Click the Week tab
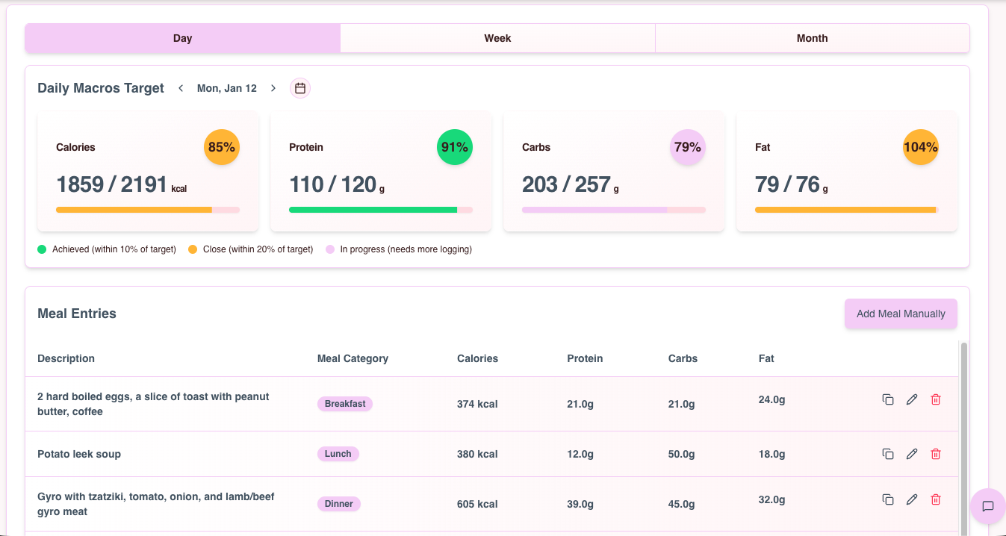tap(497, 38)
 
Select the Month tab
tap(812, 38)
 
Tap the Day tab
tap(182, 38)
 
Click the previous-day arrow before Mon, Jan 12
tap(181, 88)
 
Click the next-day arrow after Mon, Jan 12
tap(273, 88)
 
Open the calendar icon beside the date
tap(300, 88)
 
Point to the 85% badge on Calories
tap(222, 147)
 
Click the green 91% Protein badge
tap(455, 147)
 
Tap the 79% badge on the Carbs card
tap(688, 147)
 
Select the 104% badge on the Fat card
tap(921, 147)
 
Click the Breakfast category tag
tap(345, 404)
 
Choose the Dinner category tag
tap(339, 504)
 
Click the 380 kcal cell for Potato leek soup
tap(477, 454)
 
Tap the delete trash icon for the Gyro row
tap(936, 499)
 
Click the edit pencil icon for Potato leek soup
tap(912, 454)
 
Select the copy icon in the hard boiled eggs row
tap(888, 399)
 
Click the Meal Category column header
tap(353, 358)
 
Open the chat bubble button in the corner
tap(987, 506)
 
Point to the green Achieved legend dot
tap(42, 249)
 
